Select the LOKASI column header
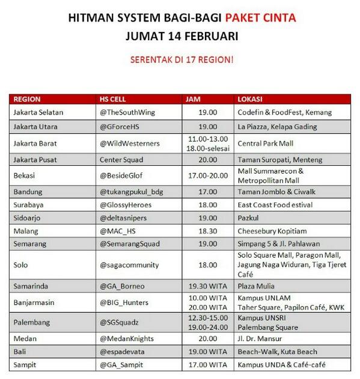tap(252, 99)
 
